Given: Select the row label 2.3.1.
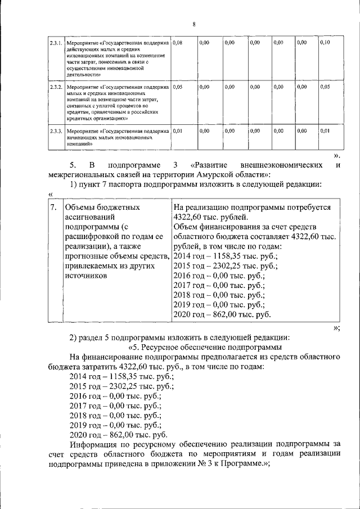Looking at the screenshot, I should [x=55, y=43].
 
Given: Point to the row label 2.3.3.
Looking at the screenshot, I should [x=55, y=131].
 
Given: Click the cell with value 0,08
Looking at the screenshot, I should [x=178, y=43].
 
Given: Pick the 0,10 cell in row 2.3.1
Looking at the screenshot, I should [x=325, y=43].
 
